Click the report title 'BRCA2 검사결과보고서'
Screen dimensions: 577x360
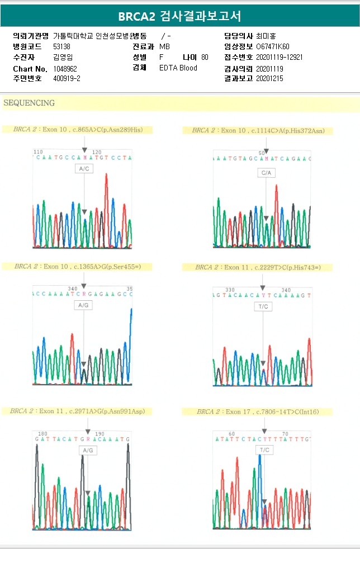[180, 16]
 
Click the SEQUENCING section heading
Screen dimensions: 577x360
[29, 103]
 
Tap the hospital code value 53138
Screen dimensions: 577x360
[61, 46]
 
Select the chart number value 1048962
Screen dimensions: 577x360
[65, 68]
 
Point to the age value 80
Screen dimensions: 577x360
[205, 57]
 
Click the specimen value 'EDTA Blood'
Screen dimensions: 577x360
[178, 68]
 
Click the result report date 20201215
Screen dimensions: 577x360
[269, 79]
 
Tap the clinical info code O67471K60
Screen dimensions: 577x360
[273, 46]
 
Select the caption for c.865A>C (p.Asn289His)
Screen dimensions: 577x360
[78, 130]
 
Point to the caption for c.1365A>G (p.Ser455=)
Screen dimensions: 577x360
[78, 267]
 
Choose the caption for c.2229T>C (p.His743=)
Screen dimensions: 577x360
[258, 267]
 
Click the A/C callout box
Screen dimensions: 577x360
[84, 168]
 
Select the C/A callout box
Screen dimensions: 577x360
[266, 173]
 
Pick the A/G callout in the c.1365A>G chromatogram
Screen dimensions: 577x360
[83, 305]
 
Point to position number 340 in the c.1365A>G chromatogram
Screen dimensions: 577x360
[73, 288]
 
